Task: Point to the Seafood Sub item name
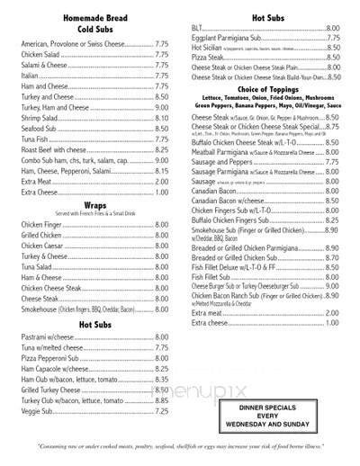point(46,130)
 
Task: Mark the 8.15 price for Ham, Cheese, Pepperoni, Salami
point(162,170)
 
